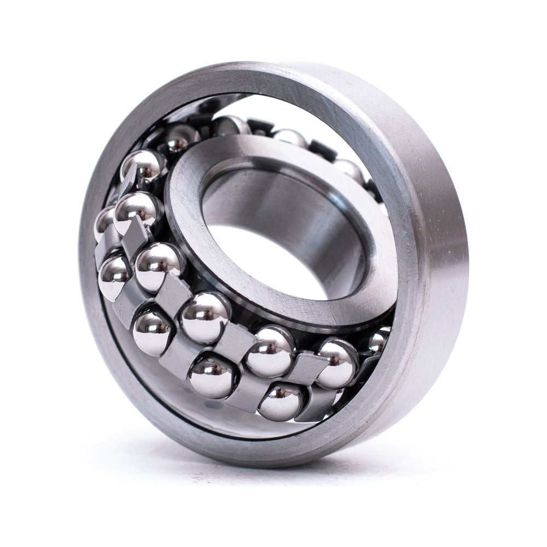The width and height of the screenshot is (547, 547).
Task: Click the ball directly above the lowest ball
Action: [x=270, y=350]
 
